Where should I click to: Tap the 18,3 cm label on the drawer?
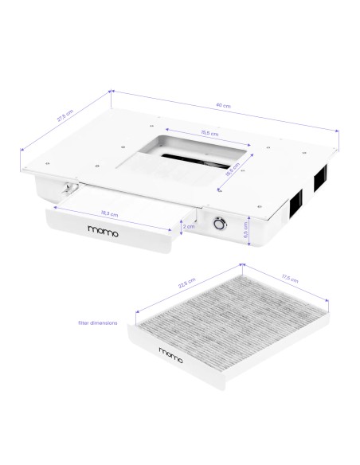(x=112, y=213)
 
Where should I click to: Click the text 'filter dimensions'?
(x=98, y=322)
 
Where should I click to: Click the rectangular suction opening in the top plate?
(x=187, y=158)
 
